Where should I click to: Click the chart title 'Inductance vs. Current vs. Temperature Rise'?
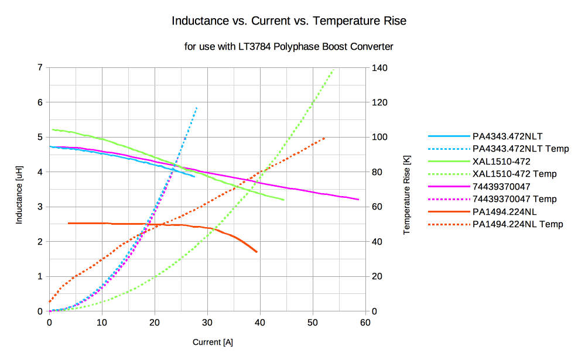pos(289,21)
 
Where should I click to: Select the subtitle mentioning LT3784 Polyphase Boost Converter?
pos(289,46)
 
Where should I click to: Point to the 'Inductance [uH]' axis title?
pos(19,190)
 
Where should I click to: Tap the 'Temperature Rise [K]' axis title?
pos(406,190)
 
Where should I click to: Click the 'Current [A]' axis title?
pos(213,342)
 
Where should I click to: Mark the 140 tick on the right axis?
pos(380,68)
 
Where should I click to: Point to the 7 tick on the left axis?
pos(40,68)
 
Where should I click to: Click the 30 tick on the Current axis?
pos(207,323)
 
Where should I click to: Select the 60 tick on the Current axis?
pos(365,323)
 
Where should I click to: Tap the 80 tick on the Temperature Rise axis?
pos(378,172)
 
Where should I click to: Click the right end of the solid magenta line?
pos(358,200)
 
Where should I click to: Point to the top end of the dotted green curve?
pos(333,70)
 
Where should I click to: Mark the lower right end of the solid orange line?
pos(256,252)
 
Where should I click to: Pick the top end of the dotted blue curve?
pos(197,108)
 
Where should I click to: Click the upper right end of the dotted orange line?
pos(324,138)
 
